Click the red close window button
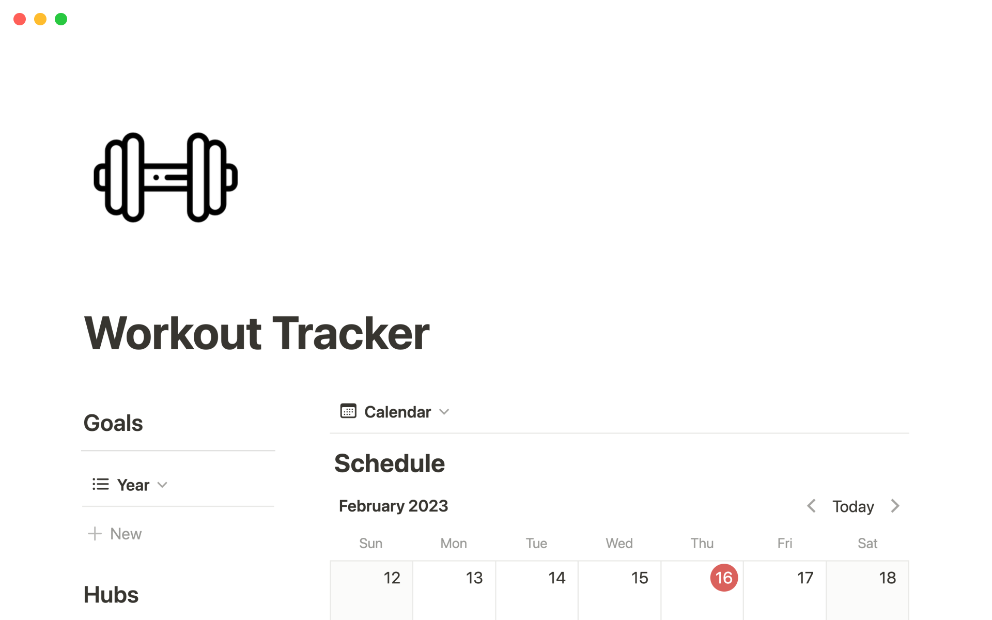20,19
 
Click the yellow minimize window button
40,19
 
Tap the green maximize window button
61,19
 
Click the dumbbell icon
165,177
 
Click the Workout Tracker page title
257,333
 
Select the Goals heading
113,423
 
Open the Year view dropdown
130,485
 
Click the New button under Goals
115,534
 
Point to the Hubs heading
111,595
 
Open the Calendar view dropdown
395,412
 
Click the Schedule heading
390,463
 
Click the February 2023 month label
393,506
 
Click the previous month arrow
811,506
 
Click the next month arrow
895,506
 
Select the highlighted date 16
724,578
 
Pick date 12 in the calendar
392,578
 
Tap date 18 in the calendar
887,578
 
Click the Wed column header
619,543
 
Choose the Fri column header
784,543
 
